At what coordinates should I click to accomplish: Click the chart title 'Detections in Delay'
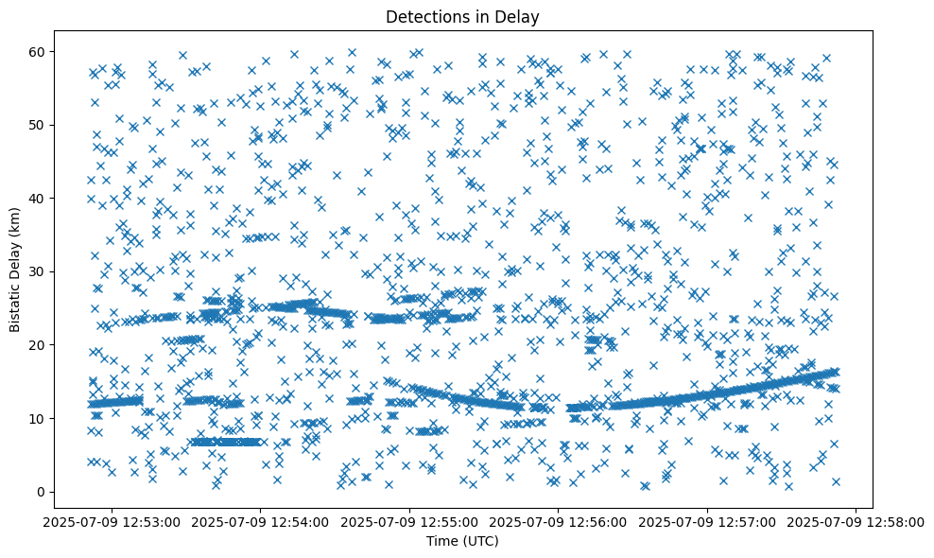tap(463, 16)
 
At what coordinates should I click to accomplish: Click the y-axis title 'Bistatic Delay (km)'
tap(16, 268)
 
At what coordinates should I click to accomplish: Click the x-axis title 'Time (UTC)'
tap(463, 541)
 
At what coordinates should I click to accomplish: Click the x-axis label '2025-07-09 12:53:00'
tap(112, 521)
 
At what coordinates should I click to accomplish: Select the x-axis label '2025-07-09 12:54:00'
tap(261, 521)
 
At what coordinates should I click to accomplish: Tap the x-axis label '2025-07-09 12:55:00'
tap(410, 521)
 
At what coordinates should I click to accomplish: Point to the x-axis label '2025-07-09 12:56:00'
tap(559, 521)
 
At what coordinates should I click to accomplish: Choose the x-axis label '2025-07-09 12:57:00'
tap(708, 521)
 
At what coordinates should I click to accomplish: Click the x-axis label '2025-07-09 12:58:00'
tap(856, 521)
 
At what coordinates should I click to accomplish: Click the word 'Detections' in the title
tap(423, 16)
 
